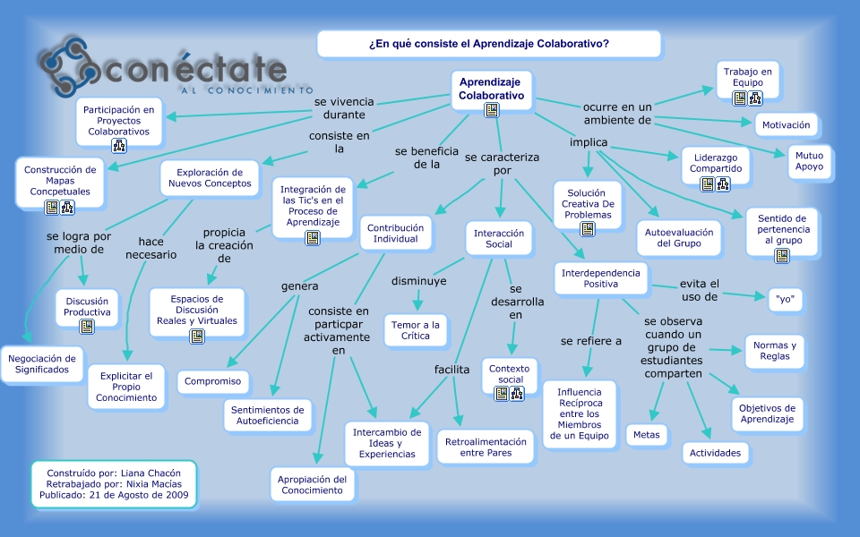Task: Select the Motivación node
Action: [786, 125]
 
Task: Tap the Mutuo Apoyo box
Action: [808, 161]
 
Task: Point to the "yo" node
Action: [784, 299]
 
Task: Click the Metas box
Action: [646, 435]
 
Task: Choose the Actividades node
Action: [715, 453]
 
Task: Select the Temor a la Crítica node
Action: [416, 330]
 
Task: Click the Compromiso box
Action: [212, 381]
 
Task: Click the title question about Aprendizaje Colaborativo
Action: [488, 44]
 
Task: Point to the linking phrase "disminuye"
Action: [418, 281]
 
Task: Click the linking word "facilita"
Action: [451, 369]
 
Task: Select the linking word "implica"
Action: [589, 142]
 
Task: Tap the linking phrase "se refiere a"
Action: [591, 341]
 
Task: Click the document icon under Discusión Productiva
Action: [87, 327]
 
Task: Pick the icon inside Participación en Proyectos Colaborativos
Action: [119, 146]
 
